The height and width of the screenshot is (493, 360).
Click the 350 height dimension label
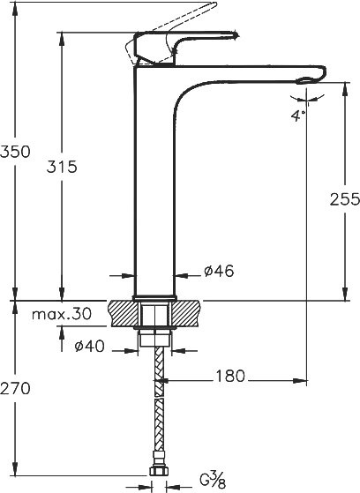click(16, 151)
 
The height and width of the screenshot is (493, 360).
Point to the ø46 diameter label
click(218, 273)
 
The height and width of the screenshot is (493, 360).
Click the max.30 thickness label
click(62, 314)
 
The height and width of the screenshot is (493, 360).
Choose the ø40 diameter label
click(88, 346)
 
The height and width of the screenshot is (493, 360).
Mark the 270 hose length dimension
click(16, 388)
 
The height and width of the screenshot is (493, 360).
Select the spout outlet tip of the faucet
click(304, 82)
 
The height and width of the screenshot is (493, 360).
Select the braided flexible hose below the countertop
click(157, 406)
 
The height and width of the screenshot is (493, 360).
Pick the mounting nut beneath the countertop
click(154, 335)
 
